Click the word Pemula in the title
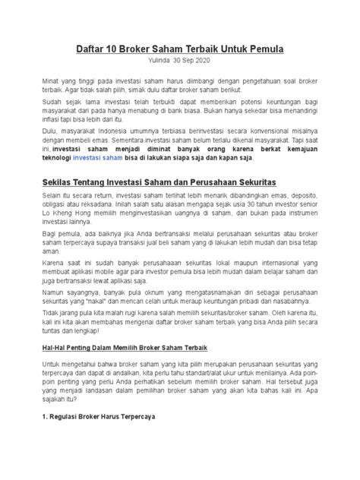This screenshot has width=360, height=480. [x=261, y=49]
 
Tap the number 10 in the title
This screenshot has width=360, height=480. [x=111, y=49]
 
